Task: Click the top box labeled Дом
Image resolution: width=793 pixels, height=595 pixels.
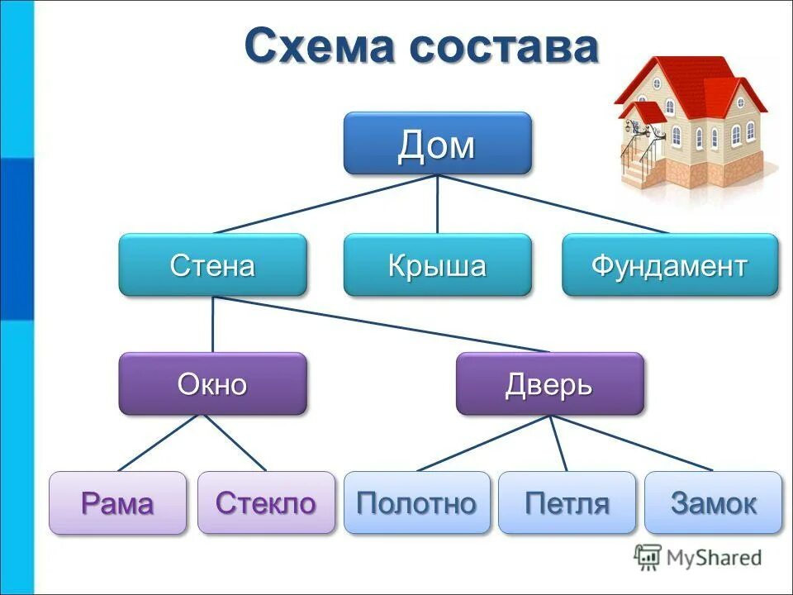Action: coord(437,144)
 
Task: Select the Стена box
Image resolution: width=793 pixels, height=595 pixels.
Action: coord(212,265)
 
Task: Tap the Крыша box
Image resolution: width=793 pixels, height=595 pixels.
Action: coord(437,265)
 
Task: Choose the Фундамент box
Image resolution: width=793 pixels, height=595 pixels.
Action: coord(670,265)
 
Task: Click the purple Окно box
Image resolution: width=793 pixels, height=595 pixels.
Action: coord(212,384)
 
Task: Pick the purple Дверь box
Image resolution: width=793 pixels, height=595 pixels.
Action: coord(549,384)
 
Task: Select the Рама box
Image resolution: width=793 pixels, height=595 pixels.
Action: coord(117,502)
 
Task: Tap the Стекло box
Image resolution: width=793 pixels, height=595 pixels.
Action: coord(266,502)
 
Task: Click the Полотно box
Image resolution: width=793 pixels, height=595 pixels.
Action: coord(416,502)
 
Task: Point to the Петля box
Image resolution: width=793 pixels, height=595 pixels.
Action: coord(567,502)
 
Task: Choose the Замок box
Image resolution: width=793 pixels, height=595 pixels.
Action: coord(713,502)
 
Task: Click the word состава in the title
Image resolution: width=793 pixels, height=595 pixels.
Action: coord(505,46)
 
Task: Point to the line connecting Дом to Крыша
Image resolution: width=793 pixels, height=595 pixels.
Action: coord(437,204)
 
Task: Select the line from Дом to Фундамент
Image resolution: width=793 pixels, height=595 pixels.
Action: coord(553,204)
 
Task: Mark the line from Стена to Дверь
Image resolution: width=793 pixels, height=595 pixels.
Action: coord(380,324)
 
